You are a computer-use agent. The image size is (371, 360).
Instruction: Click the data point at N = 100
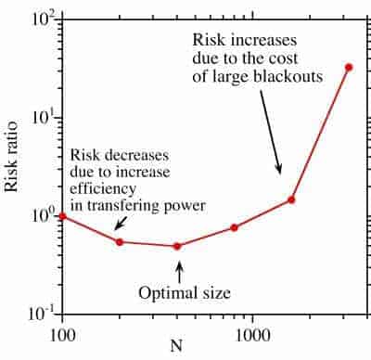[x=63, y=216]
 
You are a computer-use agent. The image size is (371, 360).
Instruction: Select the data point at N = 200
[x=120, y=242]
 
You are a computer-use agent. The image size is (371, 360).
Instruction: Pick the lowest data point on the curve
[x=177, y=246]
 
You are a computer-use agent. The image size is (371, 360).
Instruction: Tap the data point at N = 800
[x=234, y=227]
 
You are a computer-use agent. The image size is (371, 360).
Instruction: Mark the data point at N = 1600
[x=291, y=199]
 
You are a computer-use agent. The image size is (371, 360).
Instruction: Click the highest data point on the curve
[x=349, y=67]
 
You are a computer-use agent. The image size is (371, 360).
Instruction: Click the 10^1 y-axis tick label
[x=44, y=118]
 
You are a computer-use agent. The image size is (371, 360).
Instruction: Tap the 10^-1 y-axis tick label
[x=42, y=314]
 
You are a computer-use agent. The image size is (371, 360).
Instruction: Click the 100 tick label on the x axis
[x=63, y=336]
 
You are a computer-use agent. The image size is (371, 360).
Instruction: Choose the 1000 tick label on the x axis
[x=252, y=336]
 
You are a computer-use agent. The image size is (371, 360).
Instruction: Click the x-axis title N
[x=176, y=346]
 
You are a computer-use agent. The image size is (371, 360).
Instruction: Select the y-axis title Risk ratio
[x=11, y=157]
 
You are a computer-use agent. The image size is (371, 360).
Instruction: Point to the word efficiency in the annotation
[x=103, y=189]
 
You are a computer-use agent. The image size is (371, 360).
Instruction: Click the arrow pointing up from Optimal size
[x=179, y=272]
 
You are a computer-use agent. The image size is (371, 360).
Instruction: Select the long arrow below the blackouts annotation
[x=271, y=132]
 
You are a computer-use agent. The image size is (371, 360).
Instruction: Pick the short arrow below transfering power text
[x=121, y=223]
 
